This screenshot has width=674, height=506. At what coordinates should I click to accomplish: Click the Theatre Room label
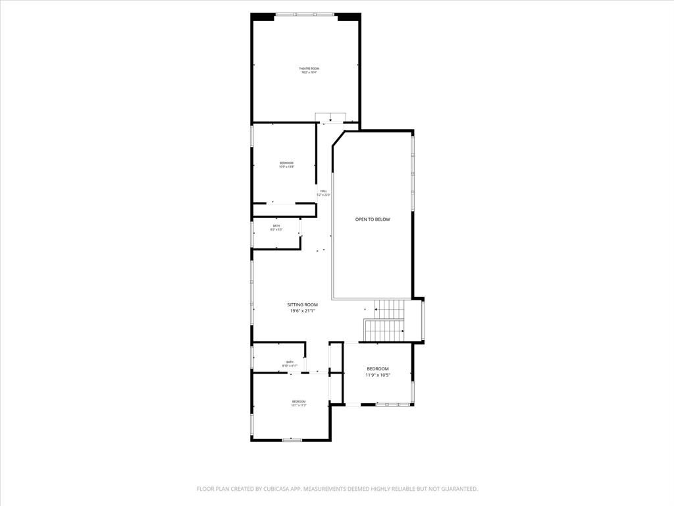(309, 69)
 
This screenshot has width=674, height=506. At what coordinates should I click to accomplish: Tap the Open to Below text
(373, 219)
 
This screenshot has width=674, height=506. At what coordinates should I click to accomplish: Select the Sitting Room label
(302, 304)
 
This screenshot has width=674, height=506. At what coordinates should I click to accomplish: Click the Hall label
(324, 190)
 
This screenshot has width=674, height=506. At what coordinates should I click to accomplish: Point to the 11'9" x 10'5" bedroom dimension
(378, 375)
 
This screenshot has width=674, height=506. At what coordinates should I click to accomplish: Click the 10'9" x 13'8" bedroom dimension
(286, 167)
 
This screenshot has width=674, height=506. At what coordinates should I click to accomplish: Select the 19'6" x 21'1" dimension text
(302, 311)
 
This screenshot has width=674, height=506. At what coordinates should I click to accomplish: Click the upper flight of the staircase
(389, 307)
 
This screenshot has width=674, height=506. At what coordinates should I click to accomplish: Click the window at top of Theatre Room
(305, 14)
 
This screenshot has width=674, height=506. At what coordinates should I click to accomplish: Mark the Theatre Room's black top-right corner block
(348, 16)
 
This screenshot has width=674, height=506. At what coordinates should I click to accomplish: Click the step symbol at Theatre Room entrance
(330, 117)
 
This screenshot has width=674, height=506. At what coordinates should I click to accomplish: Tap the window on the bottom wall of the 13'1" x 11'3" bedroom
(292, 439)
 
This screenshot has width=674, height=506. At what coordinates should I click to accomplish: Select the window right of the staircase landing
(423, 320)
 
